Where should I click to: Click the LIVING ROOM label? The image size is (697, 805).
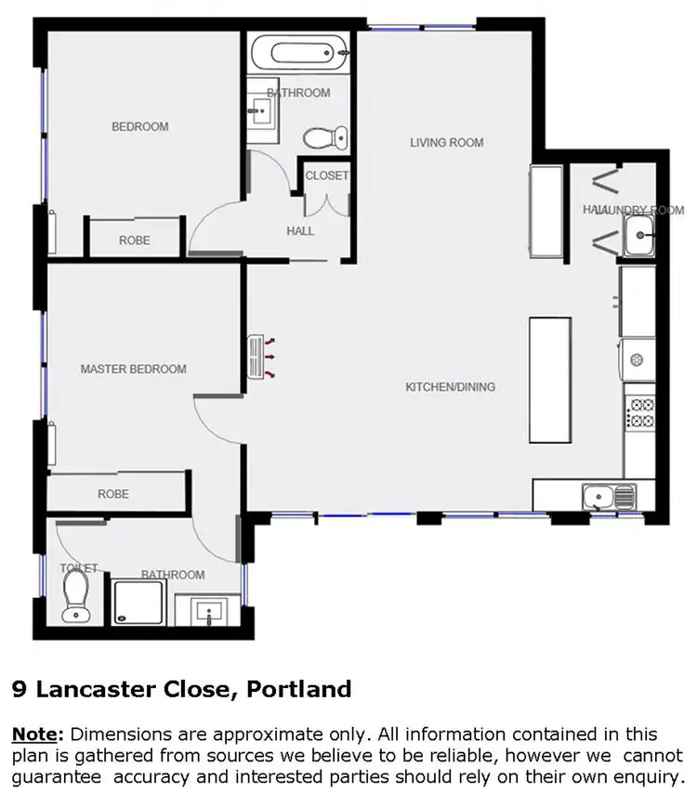[x=447, y=143]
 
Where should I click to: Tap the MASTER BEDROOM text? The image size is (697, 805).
[x=133, y=370]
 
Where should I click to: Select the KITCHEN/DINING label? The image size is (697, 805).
[x=451, y=387]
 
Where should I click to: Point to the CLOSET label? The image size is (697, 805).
[x=326, y=175]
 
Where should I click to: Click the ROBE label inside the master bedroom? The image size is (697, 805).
[x=113, y=494]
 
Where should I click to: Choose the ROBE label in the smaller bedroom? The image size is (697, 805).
[x=134, y=240]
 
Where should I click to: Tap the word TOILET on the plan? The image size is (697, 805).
[x=79, y=567]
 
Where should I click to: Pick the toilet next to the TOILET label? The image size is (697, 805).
[x=75, y=595]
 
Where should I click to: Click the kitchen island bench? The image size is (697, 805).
[x=549, y=380]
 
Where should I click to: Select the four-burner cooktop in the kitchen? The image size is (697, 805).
[x=641, y=412]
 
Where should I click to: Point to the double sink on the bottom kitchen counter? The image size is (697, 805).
[x=609, y=497]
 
